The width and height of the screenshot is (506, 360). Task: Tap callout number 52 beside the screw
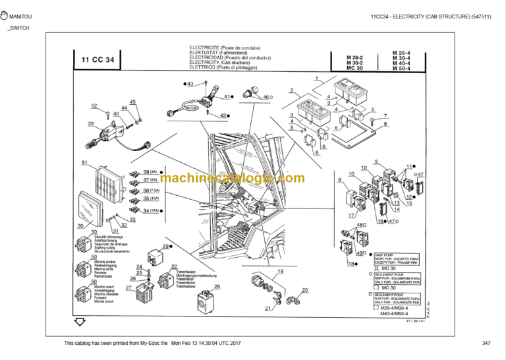tap(94, 106)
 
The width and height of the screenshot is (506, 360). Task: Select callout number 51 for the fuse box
tap(84, 163)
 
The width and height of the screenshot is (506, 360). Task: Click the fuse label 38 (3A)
tap(150, 172)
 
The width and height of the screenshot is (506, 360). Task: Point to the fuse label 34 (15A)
tap(150, 210)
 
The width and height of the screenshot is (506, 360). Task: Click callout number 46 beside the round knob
tap(267, 97)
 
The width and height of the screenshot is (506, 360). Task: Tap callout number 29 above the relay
tap(165, 246)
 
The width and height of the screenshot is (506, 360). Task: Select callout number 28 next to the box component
tap(217, 286)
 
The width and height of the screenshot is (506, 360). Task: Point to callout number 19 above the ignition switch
tap(279, 272)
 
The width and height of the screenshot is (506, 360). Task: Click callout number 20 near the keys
tap(304, 290)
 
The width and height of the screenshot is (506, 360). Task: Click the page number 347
tap(486, 344)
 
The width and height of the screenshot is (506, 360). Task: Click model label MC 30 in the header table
tap(354, 68)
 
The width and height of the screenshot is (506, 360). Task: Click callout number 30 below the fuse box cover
tap(80, 225)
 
